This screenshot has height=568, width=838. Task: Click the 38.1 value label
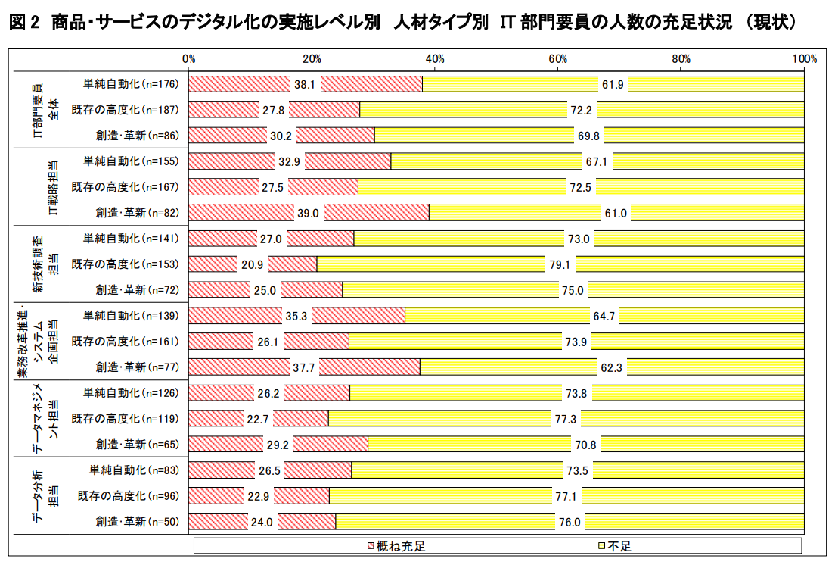pos(306,84)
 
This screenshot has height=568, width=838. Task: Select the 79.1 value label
pos(560,264)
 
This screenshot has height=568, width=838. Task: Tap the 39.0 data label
pos(309,213)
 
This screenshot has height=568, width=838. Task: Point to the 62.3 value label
pos(611,367)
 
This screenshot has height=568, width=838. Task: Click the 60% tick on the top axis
pos(558,58)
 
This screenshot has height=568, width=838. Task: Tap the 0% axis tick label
pos(189,58)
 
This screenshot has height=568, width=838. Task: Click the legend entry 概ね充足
pos(410,546)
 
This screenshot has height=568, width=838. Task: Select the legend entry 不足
pos(619,546)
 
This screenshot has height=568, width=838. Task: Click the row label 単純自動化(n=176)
pos(130,84)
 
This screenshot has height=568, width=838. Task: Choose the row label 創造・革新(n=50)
pos(137,521)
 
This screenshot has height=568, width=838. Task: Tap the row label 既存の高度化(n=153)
pos(125,264)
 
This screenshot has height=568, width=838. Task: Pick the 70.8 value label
pos(586,444)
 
